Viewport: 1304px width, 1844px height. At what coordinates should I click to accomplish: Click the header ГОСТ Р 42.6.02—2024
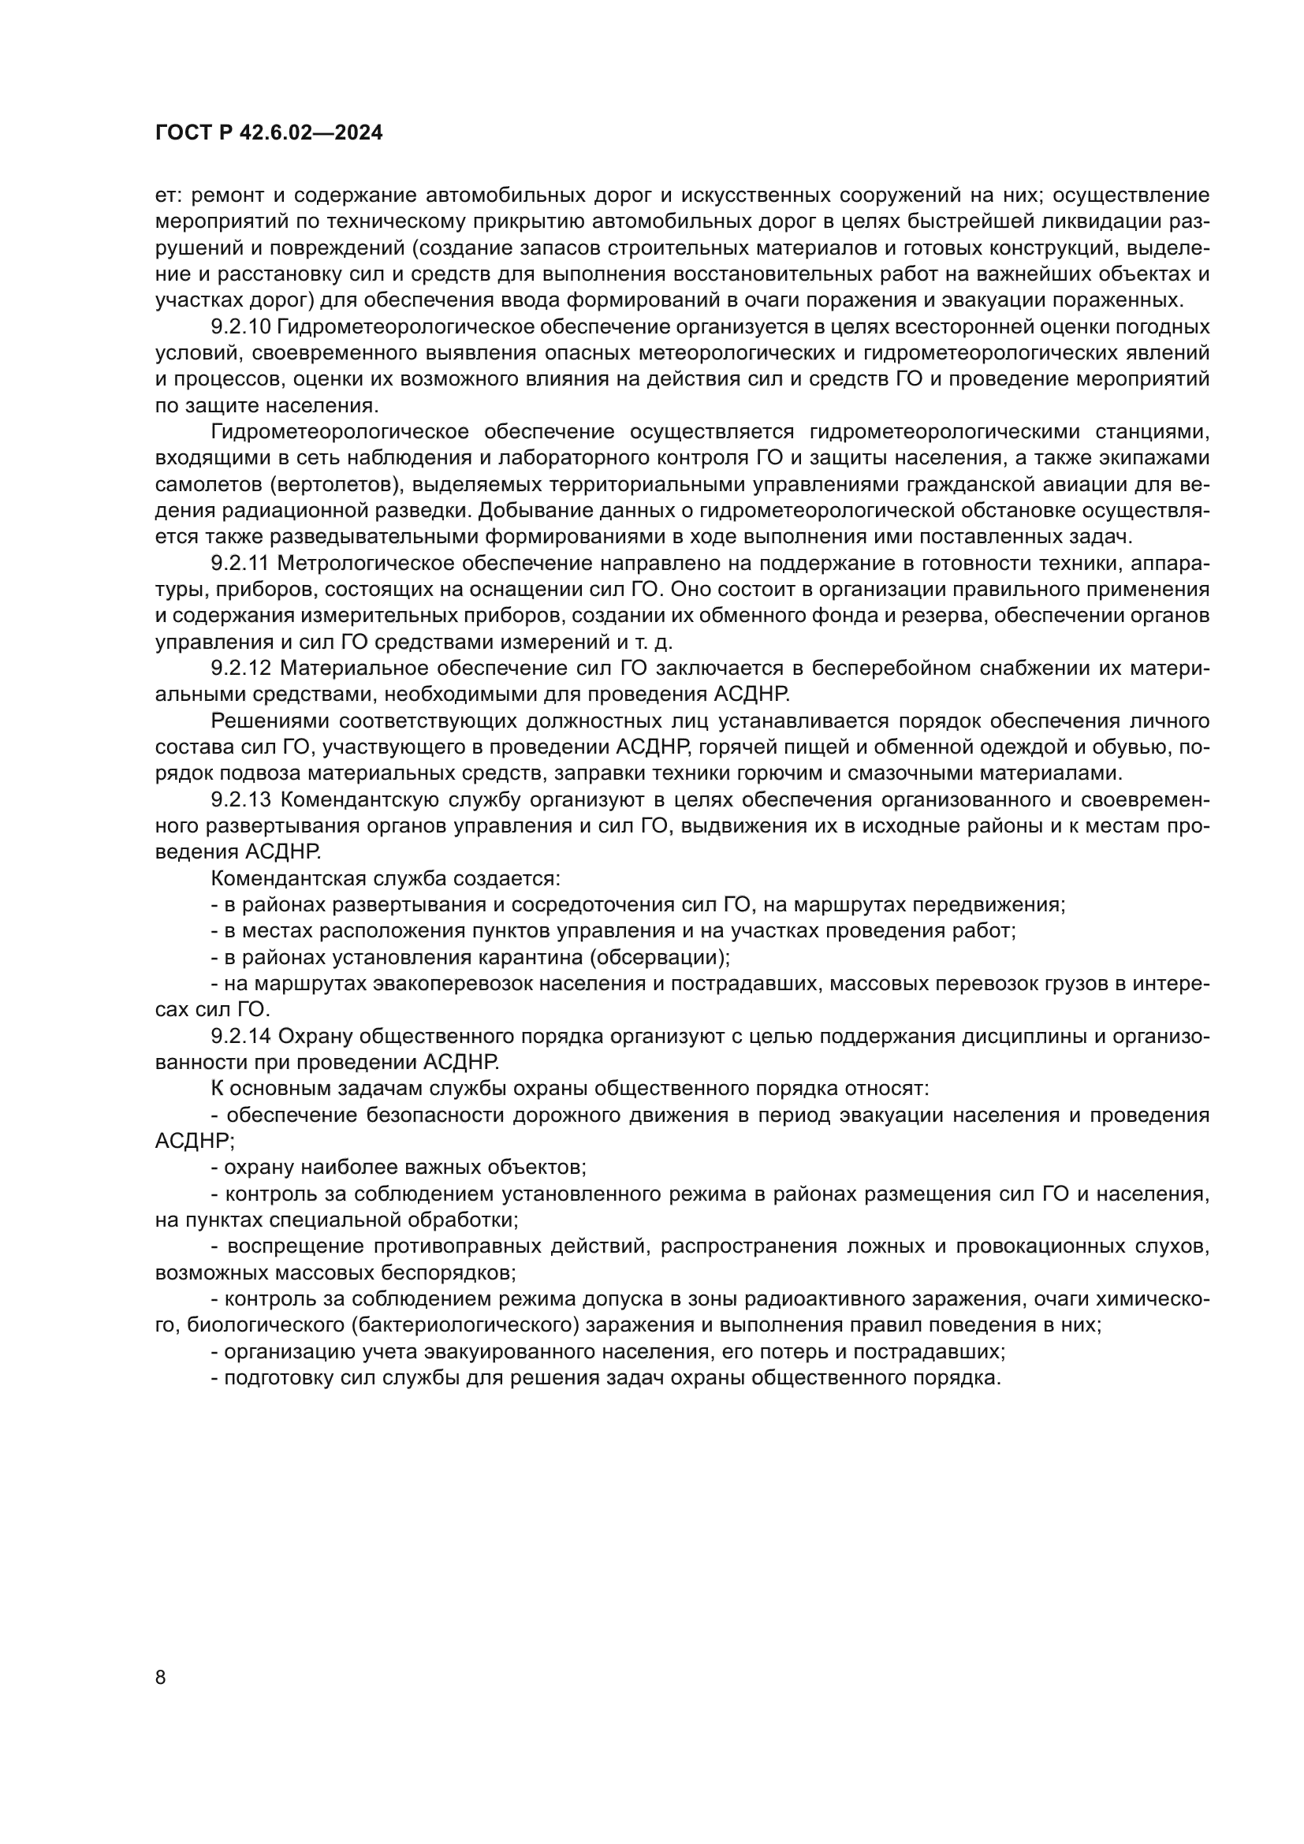coord(268,133)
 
